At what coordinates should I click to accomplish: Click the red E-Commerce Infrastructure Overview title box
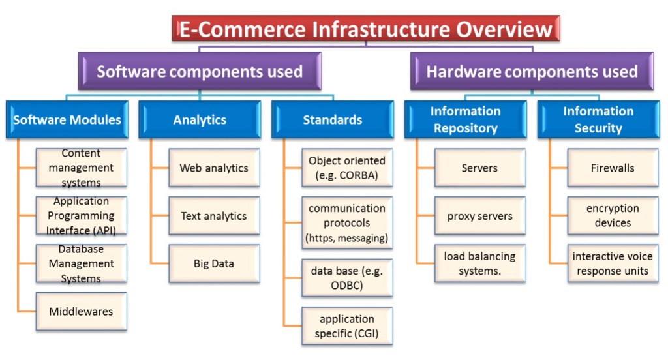click(x=366, y=29)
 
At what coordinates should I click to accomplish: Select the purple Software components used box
click(x=200, y=71)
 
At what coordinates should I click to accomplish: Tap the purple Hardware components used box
click(x=532, y=71)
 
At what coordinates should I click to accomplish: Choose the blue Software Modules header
click(x=67, y=119)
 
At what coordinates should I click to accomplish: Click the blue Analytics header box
click(x=200, y=119)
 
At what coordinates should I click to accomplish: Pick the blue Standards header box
click(x=333, y=119)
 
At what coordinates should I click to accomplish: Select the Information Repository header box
click(x=465, y=119)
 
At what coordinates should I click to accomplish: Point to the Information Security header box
click(x=598, y=119)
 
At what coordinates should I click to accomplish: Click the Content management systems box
click(x=81, y=168)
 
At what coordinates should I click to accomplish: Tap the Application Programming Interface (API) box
click(x=81, y=216)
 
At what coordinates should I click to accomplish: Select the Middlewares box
click(x=81, y=311)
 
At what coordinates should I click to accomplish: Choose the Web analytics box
click(x=214, y=168)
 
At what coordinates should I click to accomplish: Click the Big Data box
click(x=214, y=263)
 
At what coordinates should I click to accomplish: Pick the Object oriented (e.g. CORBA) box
click(x=347, y=168)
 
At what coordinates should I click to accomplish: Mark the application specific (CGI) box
click(x=347, y=326)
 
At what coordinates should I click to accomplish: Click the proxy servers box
click(x=480, y=216)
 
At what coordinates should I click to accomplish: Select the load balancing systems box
click(x=480, y=263)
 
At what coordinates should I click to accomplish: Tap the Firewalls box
click(x=613, y=168)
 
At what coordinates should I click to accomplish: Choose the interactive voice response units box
click(x=613, y=263)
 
